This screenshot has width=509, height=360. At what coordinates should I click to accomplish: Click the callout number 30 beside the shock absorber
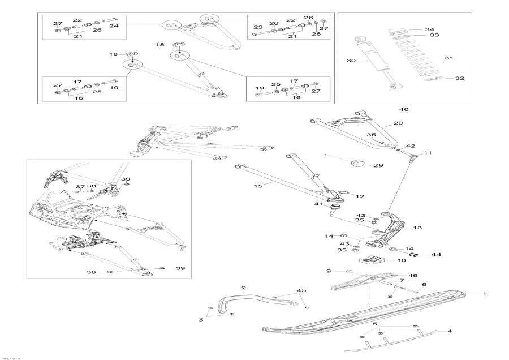pos(351,61)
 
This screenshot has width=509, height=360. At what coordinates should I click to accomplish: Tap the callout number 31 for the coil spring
pos(449,58)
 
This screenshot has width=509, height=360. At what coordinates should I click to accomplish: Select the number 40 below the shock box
pos(404,109)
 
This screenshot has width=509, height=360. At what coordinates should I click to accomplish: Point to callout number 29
pos(378,165)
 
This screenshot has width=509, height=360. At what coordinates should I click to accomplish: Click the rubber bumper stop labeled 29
pos(359,163)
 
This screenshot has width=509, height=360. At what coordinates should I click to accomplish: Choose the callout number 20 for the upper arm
pos(398,123)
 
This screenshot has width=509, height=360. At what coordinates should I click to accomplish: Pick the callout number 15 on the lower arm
pos(258,186)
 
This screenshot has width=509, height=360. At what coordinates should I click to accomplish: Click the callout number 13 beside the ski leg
pos(418,228)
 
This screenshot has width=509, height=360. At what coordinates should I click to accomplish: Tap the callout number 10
pos(402,260)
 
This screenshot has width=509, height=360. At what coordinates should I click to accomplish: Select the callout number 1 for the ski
pos(484,294)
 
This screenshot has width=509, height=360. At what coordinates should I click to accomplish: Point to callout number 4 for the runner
pos(450,331)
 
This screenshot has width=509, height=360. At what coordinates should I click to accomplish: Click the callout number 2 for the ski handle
pos(243,288)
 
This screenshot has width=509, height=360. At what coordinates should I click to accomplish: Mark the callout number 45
pos(301,290)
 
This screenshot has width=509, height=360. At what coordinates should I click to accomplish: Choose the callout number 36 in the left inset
pos(91,272)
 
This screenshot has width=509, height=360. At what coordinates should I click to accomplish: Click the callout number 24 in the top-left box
pos(114,25)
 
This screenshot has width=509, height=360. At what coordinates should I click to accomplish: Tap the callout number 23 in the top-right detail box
pos(258,27)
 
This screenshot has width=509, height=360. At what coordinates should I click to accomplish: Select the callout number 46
pos(413,275)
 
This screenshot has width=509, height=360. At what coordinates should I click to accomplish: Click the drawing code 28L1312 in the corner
pos(10,358)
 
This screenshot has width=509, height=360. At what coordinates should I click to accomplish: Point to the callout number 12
pos(360,196)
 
